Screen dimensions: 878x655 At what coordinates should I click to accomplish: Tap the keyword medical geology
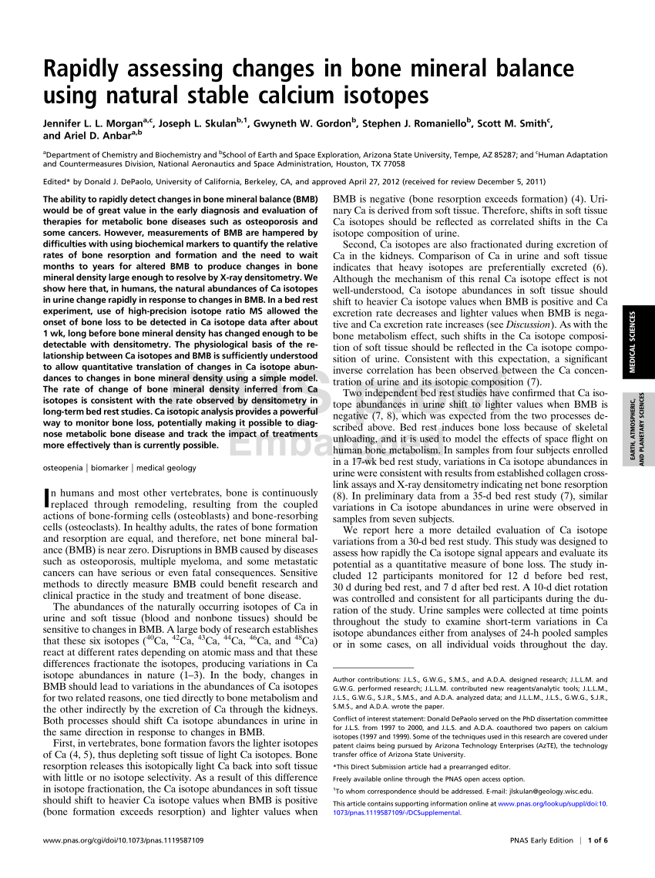tap(166, 467)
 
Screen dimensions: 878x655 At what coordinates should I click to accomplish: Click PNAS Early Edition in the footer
tap(542, 840)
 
